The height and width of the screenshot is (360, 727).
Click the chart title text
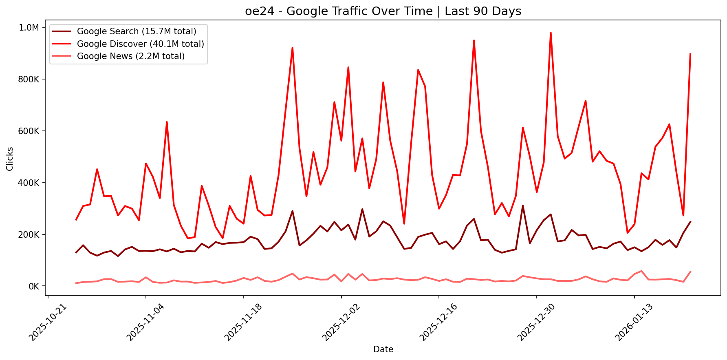(383, 11)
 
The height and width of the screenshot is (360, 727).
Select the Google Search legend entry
(137, 31)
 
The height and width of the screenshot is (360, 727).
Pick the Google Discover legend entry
(140, 44)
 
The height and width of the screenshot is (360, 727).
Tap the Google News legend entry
(130, 56)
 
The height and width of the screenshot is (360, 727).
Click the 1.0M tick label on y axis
(29, 27)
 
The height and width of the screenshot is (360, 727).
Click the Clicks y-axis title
(10, 159)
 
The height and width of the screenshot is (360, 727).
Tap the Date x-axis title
(383, 349)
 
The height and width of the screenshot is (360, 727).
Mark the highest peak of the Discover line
(551, 33)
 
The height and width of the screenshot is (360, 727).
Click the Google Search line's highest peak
(523, 205)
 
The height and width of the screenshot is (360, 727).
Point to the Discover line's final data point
(690, 53)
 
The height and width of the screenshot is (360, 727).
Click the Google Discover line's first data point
(76, 220)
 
